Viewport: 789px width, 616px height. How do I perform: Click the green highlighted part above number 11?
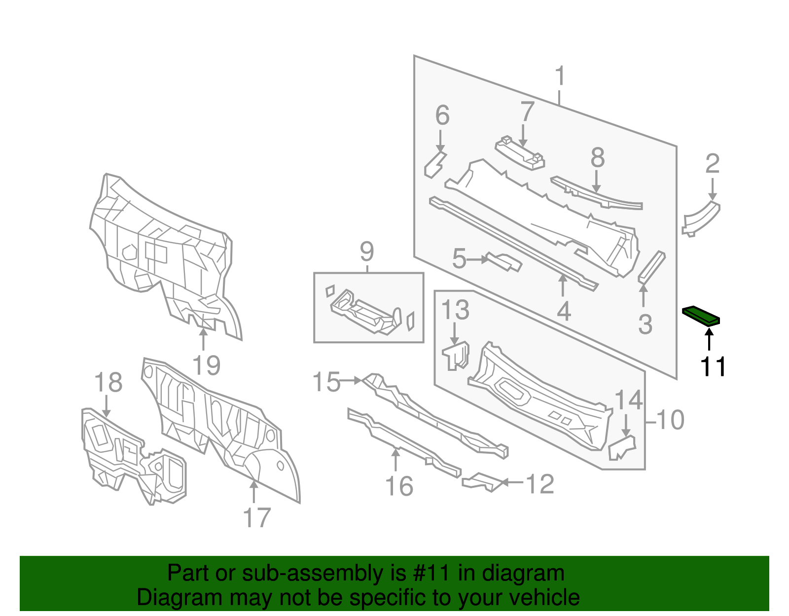pos(701,316)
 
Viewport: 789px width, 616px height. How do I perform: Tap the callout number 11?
pos(713,366)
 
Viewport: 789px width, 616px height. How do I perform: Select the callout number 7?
pos(528,110)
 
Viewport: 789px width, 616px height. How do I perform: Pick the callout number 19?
pos(206,365)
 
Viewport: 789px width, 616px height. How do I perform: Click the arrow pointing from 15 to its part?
pos(351,380)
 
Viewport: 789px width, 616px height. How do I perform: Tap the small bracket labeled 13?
pos(456,356)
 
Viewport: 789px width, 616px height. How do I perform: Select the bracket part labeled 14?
pos(622,447)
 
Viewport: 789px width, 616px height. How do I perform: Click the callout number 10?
pos(670,420)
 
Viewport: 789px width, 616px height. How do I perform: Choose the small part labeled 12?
pos(482,482)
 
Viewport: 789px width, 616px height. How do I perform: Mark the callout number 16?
pos(399,486)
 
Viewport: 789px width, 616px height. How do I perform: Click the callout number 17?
pos(257,518)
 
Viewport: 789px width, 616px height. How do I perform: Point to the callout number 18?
pos(108,382)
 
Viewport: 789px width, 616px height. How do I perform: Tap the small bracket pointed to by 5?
pos(503,261)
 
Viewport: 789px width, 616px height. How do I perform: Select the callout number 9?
pos(367,252)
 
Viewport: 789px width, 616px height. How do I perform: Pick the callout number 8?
pos(598,158)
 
